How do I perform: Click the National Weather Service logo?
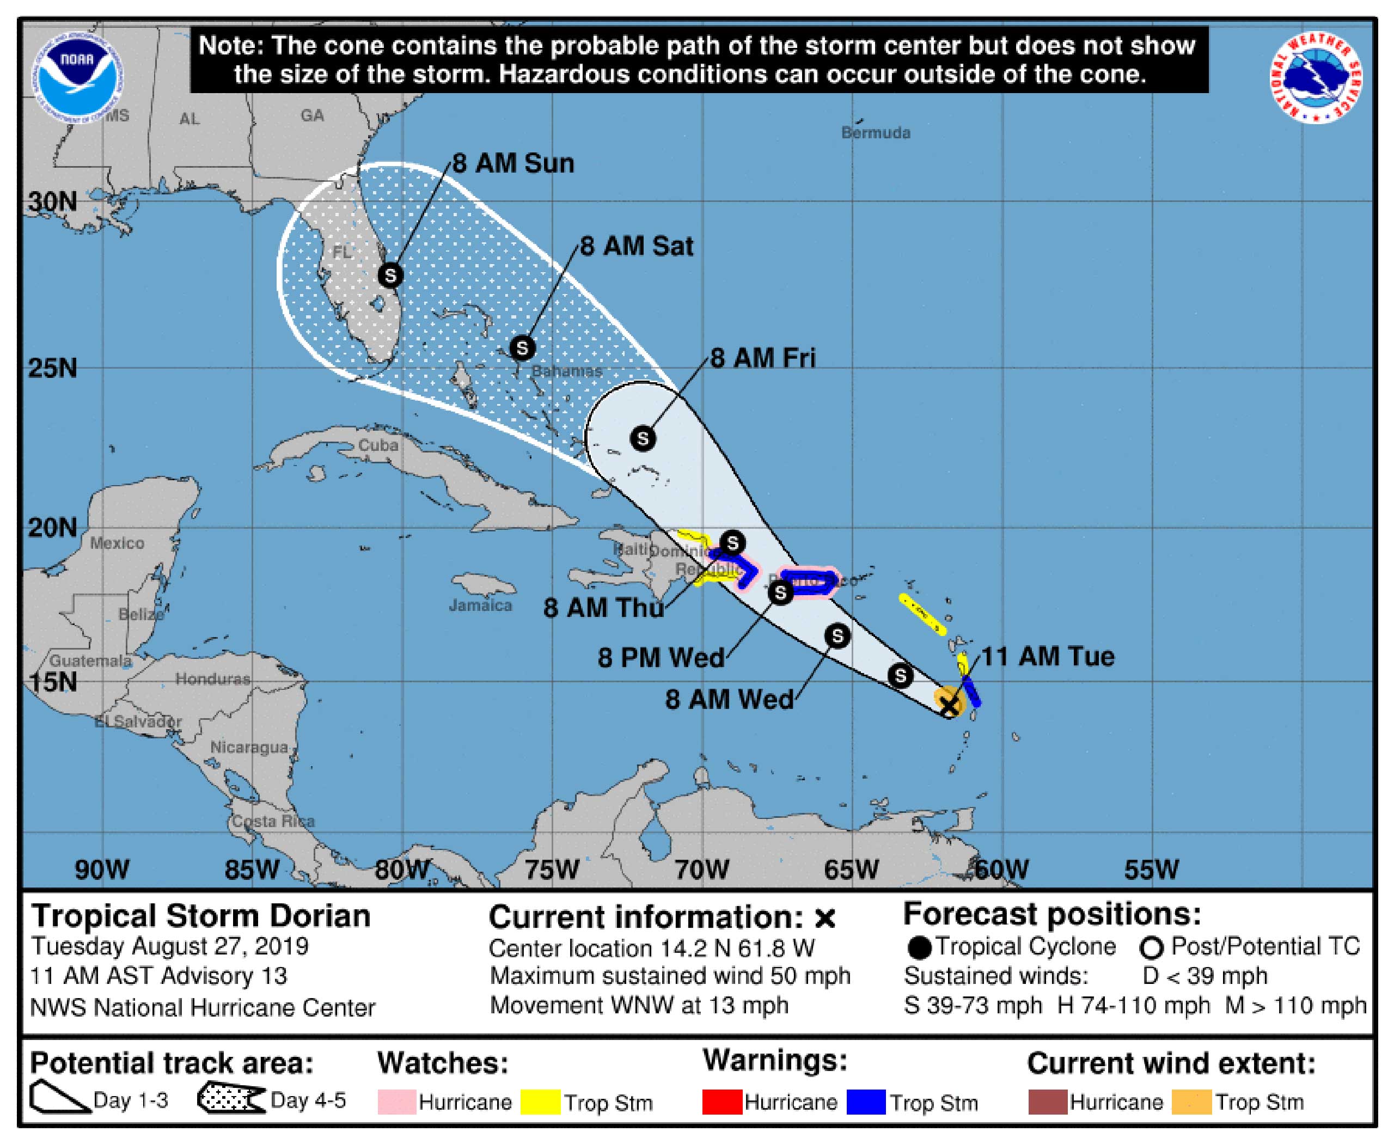click(1316, 78)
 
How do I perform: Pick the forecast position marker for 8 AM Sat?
click(522, 347)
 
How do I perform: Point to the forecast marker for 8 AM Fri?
click(643, 438)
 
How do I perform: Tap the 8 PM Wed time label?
click(661, 658)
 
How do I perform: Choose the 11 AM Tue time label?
click(1048, 656)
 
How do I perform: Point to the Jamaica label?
click(480, 605)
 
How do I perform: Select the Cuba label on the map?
click(378, 445)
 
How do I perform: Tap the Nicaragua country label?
click(249, 747)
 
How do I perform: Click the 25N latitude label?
click(53, 368)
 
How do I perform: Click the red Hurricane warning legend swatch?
click(722, 1102)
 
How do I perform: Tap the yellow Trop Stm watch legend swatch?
click(540, 1102)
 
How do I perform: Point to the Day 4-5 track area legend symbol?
click(231, 1098)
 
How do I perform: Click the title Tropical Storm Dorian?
click(201, 916)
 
